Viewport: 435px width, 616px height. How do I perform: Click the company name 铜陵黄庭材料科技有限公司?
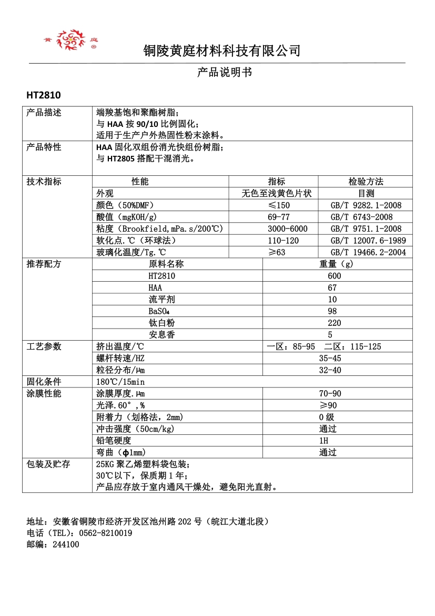pos(221,51)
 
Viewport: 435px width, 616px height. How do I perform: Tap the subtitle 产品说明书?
pos(225,73)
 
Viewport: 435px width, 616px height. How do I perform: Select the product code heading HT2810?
pos(44,95)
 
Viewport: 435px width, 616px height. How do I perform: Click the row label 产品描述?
pos(44,113)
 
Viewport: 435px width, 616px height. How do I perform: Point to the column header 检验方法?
pos(366,182)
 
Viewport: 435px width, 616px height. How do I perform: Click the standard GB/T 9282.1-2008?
pos(366,205)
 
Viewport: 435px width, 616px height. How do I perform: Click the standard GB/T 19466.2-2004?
pos(368,253)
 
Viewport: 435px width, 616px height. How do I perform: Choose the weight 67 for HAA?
pos(331,288)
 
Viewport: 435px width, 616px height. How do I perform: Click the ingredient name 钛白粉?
pos(161,323)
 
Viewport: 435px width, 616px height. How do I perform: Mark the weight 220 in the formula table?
pos(334,323)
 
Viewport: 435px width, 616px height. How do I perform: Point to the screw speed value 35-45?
pos(330,359)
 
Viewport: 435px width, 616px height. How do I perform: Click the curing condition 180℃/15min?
pos(120,382)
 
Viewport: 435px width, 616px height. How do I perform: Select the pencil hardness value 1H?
pos(323,441)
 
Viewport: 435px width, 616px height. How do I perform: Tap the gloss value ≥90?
pos(328,405)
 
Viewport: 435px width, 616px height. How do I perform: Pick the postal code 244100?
pos(66,545)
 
